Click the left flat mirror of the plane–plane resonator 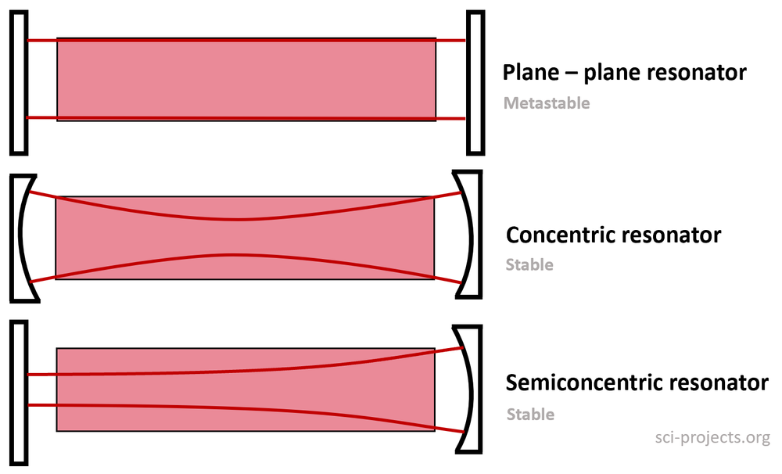click(x=20, y=82)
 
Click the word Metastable click(x=547, y=102)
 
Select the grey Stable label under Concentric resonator click(x=529, y=264)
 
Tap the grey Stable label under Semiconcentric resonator click(x=530, y=414)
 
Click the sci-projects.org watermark click(x=712, y=437)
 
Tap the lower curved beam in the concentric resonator click(x=235, y=255)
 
